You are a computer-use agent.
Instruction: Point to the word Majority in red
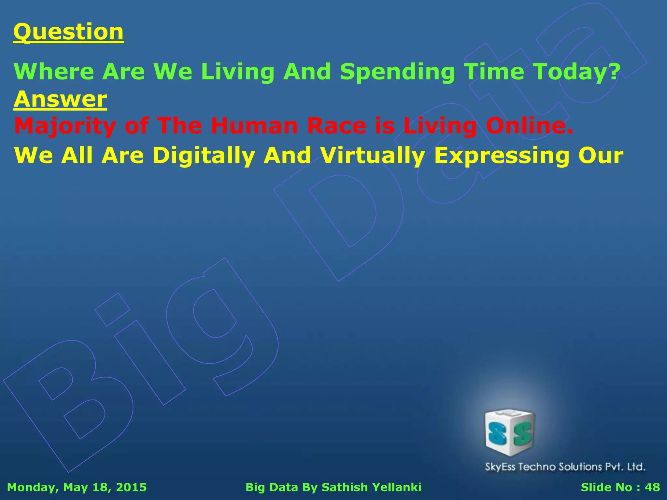[65, 126]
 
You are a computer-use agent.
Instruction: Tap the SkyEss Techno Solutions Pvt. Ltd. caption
[565, 467]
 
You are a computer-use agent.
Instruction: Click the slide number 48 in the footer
[652, 487]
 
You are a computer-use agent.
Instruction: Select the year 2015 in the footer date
[131, 487]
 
